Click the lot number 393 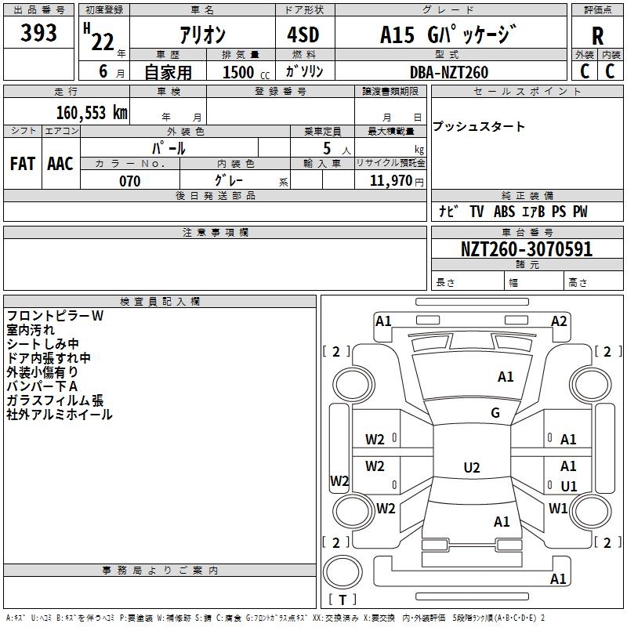click(x=38, y=32)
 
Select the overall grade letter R click(x=597, y=36)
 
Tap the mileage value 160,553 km click(x=92, y=113)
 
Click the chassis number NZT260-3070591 click(x=527, y=248)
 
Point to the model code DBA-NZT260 click(x=449, y=72)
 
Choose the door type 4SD click(x=303, y=34)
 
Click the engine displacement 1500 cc click(x=246, y=72)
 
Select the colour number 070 click(x=130, y=181)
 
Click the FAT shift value click(x=23, y=164)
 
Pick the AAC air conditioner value click(x=60, y=164)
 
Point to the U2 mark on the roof click(x=472, y=467)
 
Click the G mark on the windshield click(x=495, y=413)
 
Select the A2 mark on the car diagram click(x=559, y=321)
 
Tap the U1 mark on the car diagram click(x=569, y=486)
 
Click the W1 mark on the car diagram click(x=558, y=508)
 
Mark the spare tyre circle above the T click(x=342, y=572)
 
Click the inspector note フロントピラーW click(x=55, y=316)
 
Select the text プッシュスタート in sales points click(x=479, y=126)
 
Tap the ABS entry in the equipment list click(x=504, y=212)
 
